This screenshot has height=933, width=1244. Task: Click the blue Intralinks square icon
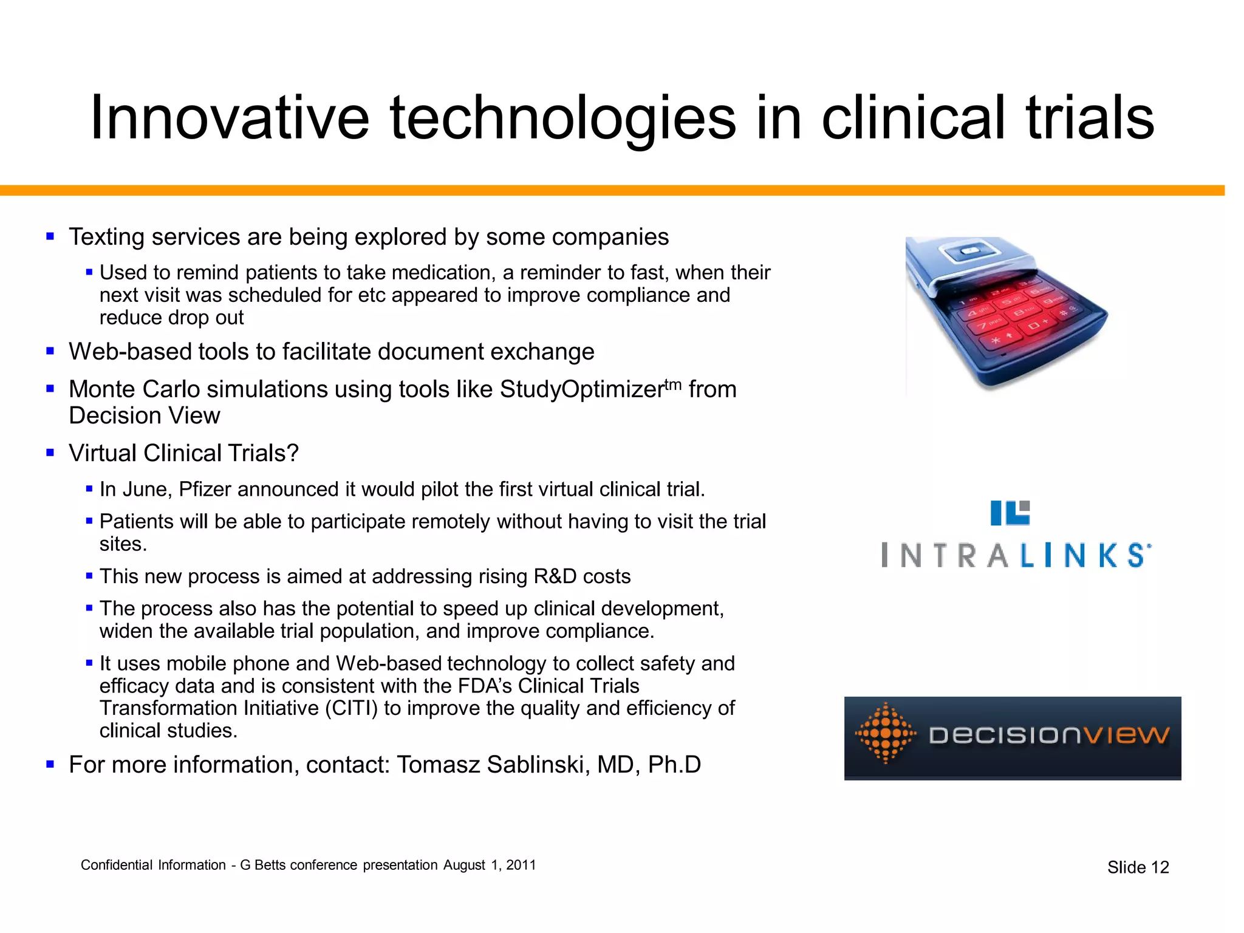point(1010,513)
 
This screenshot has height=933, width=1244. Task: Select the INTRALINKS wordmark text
point(1016,555)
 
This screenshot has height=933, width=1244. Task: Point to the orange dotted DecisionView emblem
point(885,734)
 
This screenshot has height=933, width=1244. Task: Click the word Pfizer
point(205,490)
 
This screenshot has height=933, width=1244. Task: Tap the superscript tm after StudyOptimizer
point(672,384)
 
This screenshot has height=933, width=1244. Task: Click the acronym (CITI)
point(351,708)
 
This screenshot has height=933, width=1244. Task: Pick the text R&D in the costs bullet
point(555,576)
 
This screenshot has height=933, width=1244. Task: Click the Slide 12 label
point(1138,867)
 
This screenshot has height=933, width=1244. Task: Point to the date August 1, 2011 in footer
point(489,865)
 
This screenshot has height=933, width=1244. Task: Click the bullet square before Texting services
point(50,236)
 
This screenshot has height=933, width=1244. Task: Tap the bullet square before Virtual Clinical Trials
point(50,453)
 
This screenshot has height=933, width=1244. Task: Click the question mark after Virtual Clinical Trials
point(292,453)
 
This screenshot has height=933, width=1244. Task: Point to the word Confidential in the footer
point(116,865)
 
